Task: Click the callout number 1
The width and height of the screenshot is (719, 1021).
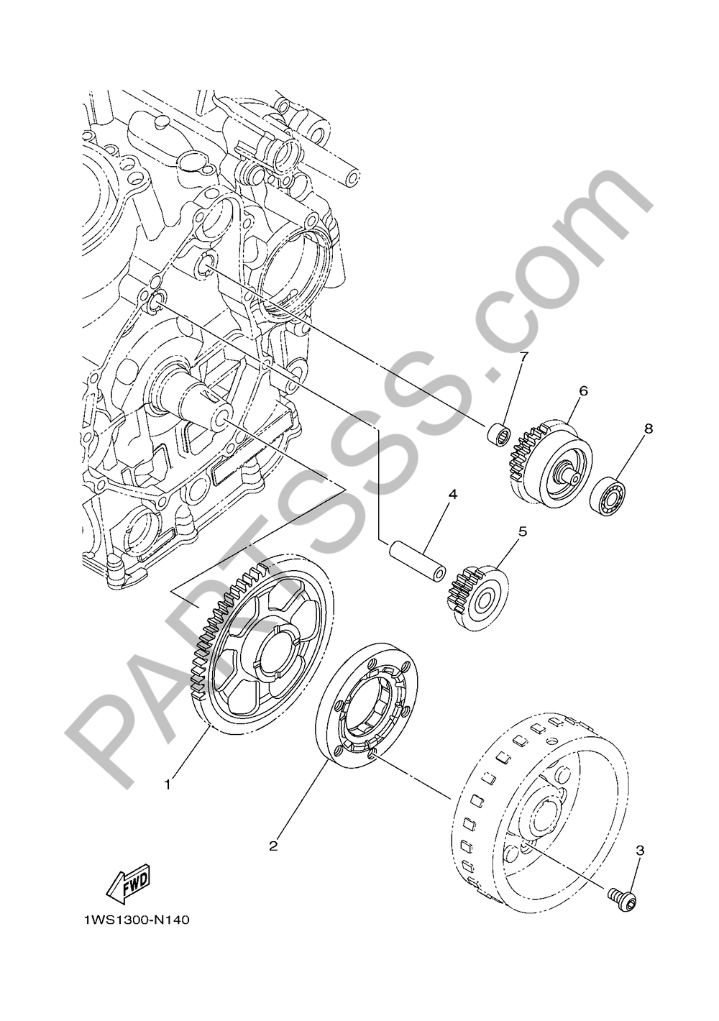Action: pos(168,784)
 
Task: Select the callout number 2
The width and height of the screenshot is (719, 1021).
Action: pos(273,846)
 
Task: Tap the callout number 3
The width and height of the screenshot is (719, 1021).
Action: pos(639,851)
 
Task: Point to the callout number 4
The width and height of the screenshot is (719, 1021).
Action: pos(452,495)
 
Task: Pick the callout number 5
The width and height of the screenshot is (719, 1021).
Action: pos(523,531)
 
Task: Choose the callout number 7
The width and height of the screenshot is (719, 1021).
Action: pos(524,357)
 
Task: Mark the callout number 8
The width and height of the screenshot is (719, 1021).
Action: pos(648,429)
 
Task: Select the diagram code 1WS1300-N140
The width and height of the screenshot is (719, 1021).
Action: pos(137,920)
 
